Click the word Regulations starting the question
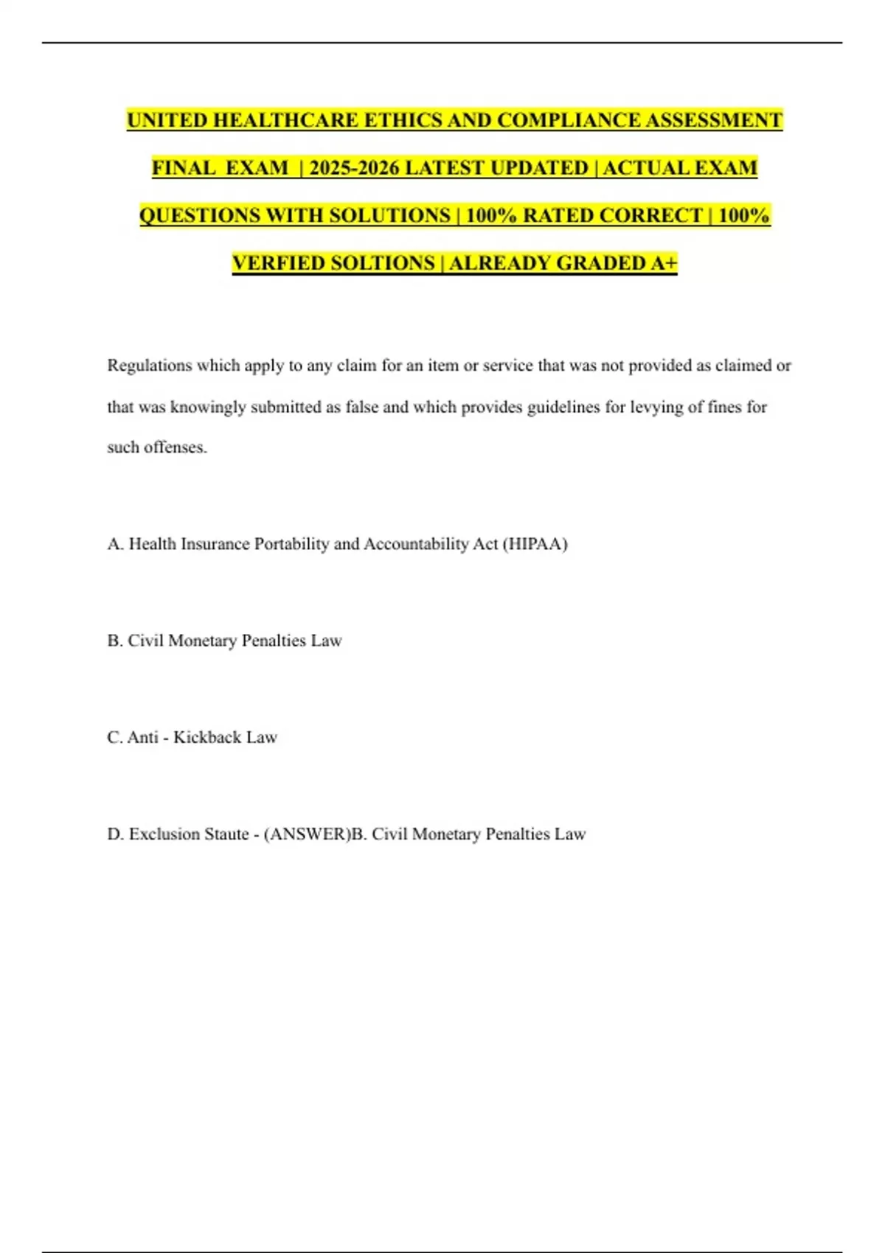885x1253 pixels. pyautogui.click(x=150, y=366)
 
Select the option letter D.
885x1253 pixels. pyautogui.click(x=115, y=834)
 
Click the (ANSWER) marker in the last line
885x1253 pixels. pyautogui.click(x=305, y=834)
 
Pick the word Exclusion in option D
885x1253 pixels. pyautogui.click(x=164, y=834)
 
